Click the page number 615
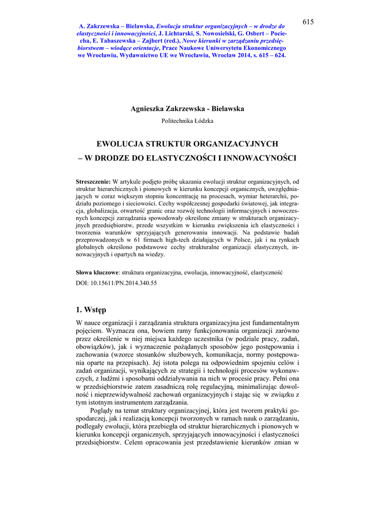click(308, 21)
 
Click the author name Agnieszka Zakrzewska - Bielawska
click(187, 109)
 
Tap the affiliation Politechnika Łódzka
click(187, 121)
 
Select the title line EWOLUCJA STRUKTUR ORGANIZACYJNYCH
click(187, 143)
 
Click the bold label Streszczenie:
click(93, 182)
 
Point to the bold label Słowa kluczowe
click(97, 272)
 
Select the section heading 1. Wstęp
click(91, 310)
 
